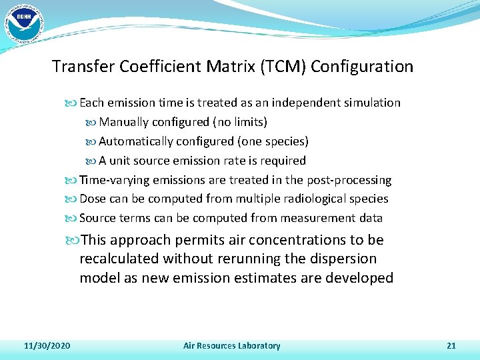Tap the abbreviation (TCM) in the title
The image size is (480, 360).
coord(287,67)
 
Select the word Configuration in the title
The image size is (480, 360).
coord(362,67)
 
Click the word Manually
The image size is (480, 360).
coord(124,122)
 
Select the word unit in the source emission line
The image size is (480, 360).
coord(121,161)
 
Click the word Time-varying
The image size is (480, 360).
coord(115,180)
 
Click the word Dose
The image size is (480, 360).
coord(93,199)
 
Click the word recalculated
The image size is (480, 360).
coord(120,259)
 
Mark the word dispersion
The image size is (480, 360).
coord(343,259)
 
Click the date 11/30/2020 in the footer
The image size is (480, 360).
coord(47,345)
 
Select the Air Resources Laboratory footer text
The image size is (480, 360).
coord(232,345)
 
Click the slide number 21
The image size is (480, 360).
coord(451,345)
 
